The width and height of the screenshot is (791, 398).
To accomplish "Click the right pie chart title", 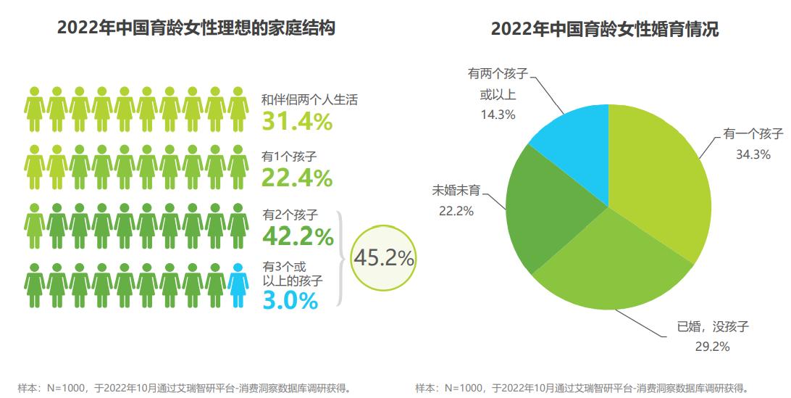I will click(604, 30).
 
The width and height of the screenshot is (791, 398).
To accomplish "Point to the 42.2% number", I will click(298, 236).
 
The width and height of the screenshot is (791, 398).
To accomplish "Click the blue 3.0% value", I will click(290, 300).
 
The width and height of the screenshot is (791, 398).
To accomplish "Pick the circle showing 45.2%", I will click(383, 257).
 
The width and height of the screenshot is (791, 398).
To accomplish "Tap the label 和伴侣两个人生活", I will click(309, 100).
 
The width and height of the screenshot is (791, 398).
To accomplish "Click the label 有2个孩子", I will click(290, 215).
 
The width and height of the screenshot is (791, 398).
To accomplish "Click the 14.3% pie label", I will click(498, 114).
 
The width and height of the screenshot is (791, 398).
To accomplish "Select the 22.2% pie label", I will click(456, 211).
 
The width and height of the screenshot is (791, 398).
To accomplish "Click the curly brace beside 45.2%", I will click(341, 257).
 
